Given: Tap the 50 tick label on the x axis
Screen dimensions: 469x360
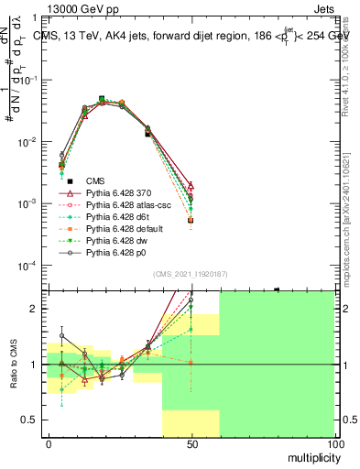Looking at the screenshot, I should (x=192, y=442).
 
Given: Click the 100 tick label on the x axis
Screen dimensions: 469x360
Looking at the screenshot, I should (x=335, y=442).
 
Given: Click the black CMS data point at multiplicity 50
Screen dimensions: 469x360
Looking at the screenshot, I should (x=191, y=221).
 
